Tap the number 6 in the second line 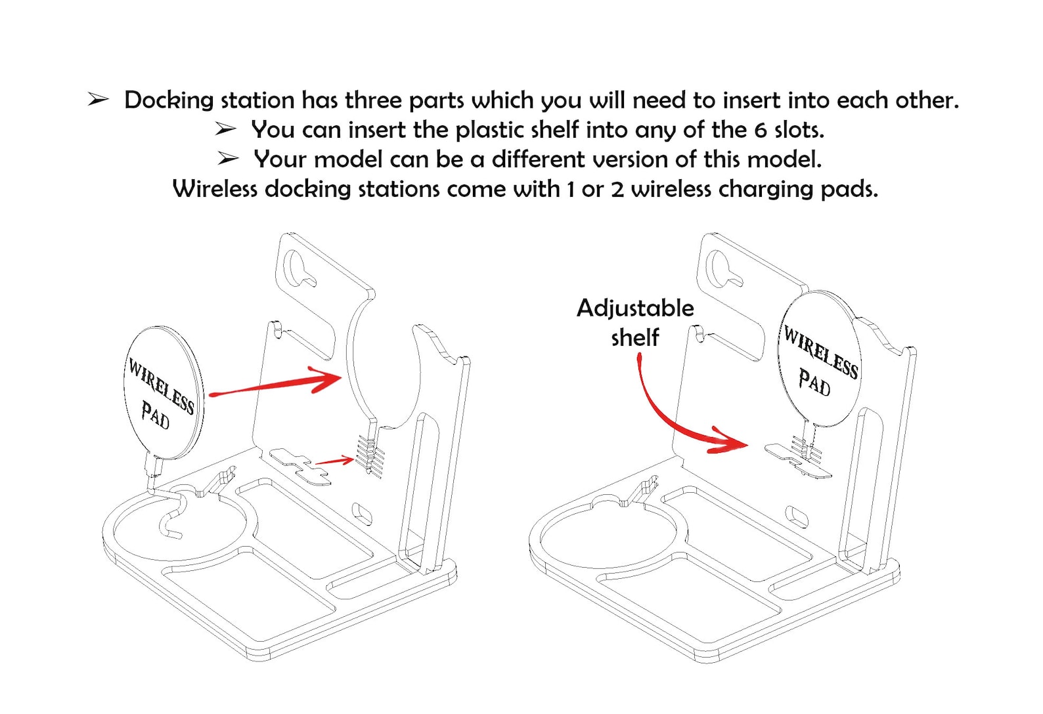(x=761, y=130)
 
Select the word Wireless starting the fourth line (x=215, y=188)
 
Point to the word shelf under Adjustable (x=635, y=337)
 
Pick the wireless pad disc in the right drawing (x=819, y=360)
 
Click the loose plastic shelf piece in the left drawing (x=301, y=467)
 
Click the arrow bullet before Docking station (x=99, y=100)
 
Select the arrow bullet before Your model (x=228, y=159)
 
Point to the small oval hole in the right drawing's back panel (x=797, y=517)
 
